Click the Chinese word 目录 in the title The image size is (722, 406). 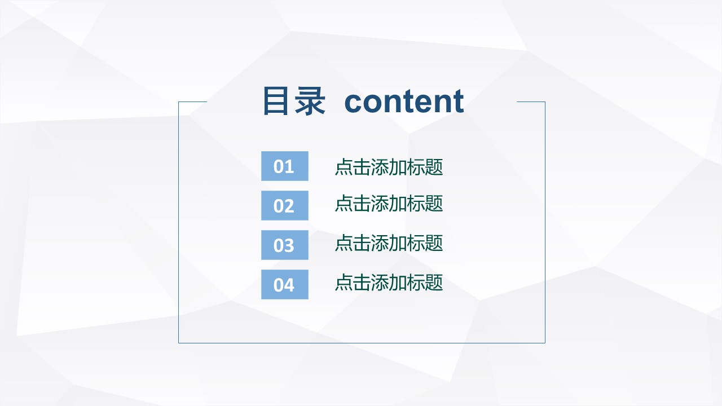coord(294,101)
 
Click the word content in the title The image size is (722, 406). coord(404,101)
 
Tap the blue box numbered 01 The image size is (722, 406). coord(284,166)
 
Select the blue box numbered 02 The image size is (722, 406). coord(284,206)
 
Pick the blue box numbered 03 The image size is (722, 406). coord(284,245)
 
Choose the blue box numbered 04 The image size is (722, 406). coord(284,285)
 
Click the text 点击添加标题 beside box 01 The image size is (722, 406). coord(389,167)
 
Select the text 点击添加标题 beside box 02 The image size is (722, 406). coord(389,204)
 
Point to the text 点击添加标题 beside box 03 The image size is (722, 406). coord(389,243)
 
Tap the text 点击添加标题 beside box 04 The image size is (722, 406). coord(389,283)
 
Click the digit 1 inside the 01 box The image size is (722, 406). coord(290,167)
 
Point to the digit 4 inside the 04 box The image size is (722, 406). coord(289,285)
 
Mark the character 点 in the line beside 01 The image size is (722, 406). coord(344,167)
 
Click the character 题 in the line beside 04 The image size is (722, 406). coord(434,283)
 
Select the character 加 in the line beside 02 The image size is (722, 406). coord(398,204)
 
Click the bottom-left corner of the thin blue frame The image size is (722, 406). coord(179,343)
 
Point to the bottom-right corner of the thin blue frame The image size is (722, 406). coord(545,343)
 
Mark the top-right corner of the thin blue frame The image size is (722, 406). coord(545,102)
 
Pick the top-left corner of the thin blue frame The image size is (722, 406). coord(179,102)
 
